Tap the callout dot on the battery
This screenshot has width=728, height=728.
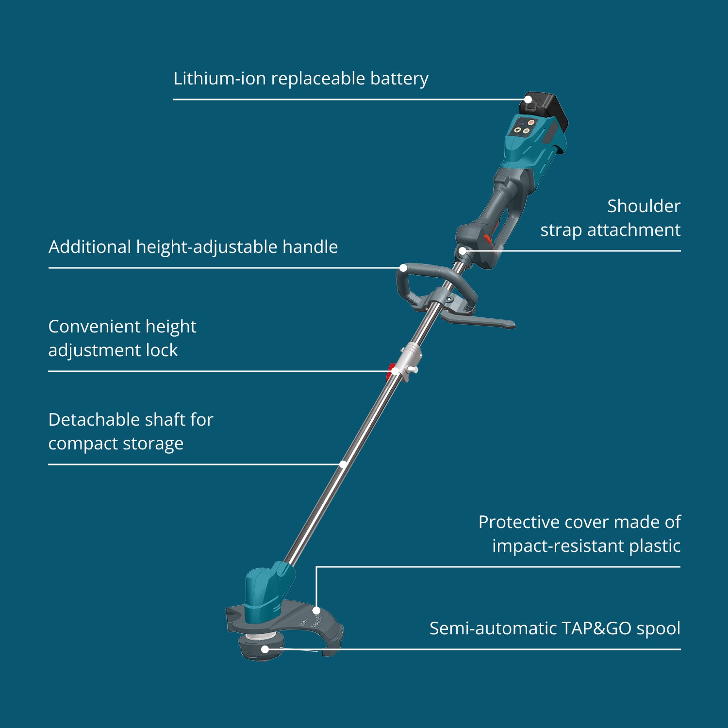[x=528, y=99]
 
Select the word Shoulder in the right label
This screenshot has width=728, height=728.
[x=644, y=206]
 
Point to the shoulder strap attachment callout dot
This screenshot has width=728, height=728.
[x=463, y=251]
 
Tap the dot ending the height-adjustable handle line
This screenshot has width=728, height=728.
[x=403, y=268]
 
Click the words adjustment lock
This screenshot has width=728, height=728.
[x=113, y=350]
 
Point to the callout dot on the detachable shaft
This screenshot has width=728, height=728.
[x=343, y=464]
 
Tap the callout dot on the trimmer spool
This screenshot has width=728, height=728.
[x=265, y=649]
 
